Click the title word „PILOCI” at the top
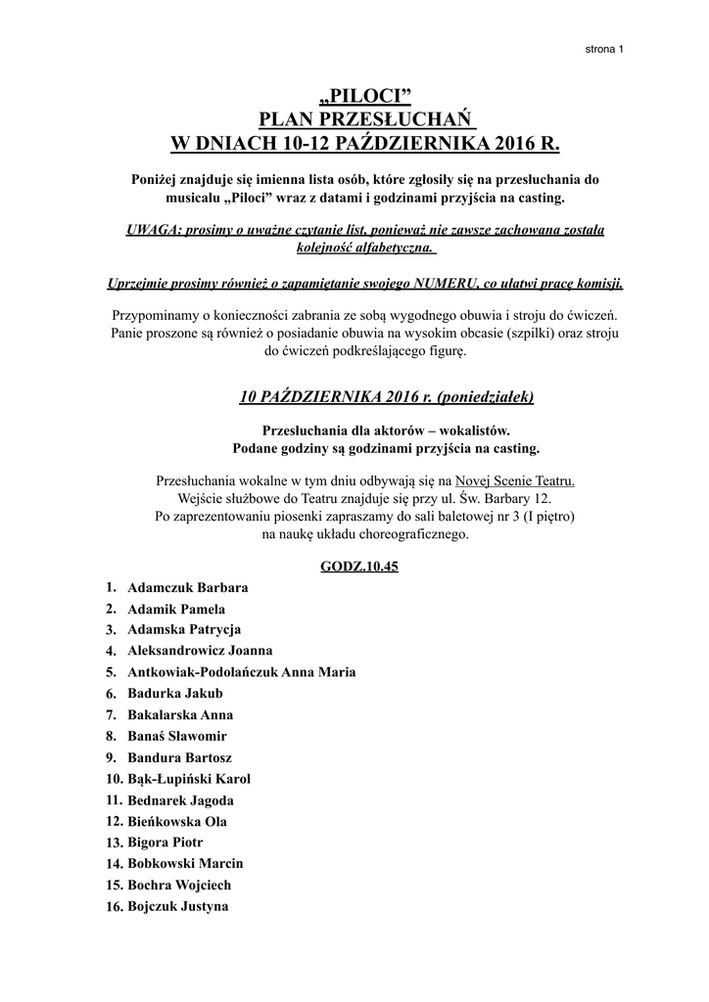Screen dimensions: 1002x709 (365, 96)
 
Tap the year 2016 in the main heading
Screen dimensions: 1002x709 (516, 145)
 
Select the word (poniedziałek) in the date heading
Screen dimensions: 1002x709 (485, 396)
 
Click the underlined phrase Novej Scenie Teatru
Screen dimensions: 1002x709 (516, 480)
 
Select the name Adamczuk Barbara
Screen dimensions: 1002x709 (188, 588)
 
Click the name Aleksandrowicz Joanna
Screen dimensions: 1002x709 (200, 650)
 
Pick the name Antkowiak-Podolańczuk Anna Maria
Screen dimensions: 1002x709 (242, 671)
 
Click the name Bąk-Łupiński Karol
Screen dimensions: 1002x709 (189, 779)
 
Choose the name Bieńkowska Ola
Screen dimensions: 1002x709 (177, 822)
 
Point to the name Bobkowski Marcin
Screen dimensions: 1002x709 (185, 864)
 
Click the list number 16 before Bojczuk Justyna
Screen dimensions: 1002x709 (112, 907)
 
